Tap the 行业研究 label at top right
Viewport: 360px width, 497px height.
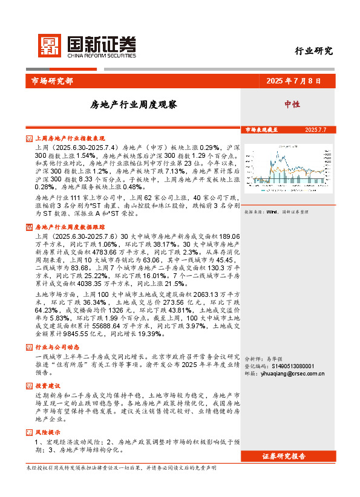[x=313, y=51]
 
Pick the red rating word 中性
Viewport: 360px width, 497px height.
[x=292, y=104]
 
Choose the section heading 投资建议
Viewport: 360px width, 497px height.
[x=48, y=385]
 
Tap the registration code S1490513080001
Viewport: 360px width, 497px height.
[x=284, y=366]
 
